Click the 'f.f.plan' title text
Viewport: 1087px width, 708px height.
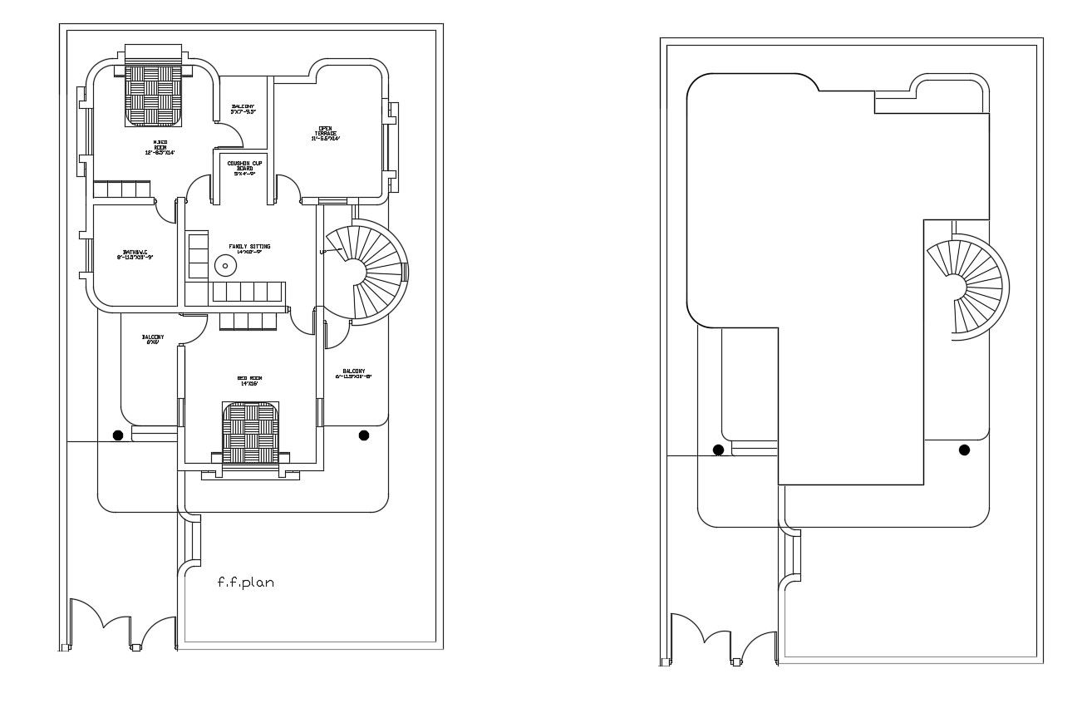click(245, 583)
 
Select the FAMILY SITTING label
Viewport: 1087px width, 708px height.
click(249, 248)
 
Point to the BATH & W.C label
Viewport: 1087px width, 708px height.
click(135, 254)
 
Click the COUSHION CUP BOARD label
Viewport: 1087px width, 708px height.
click(244, 169)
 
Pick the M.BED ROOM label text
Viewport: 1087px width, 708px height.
click(160, 147)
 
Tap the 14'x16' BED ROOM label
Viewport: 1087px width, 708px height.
click(249, 381)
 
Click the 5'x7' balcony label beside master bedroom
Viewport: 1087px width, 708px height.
click(243, 109)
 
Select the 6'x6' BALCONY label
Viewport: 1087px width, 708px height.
click(153, 339)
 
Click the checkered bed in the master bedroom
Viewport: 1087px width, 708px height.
click(154, 94)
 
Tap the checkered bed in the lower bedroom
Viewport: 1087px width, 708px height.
click(249, 433)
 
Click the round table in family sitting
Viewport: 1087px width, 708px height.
click(225, 266)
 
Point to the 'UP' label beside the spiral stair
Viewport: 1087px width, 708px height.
click(322, 252)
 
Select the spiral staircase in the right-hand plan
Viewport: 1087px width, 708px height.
click(966, 288)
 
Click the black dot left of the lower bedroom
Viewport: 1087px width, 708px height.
click(119, 435)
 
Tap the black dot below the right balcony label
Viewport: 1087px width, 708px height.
click(363, 435)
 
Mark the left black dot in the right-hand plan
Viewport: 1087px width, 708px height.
click(718, 450)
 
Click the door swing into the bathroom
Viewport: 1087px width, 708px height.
click(167, 212)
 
